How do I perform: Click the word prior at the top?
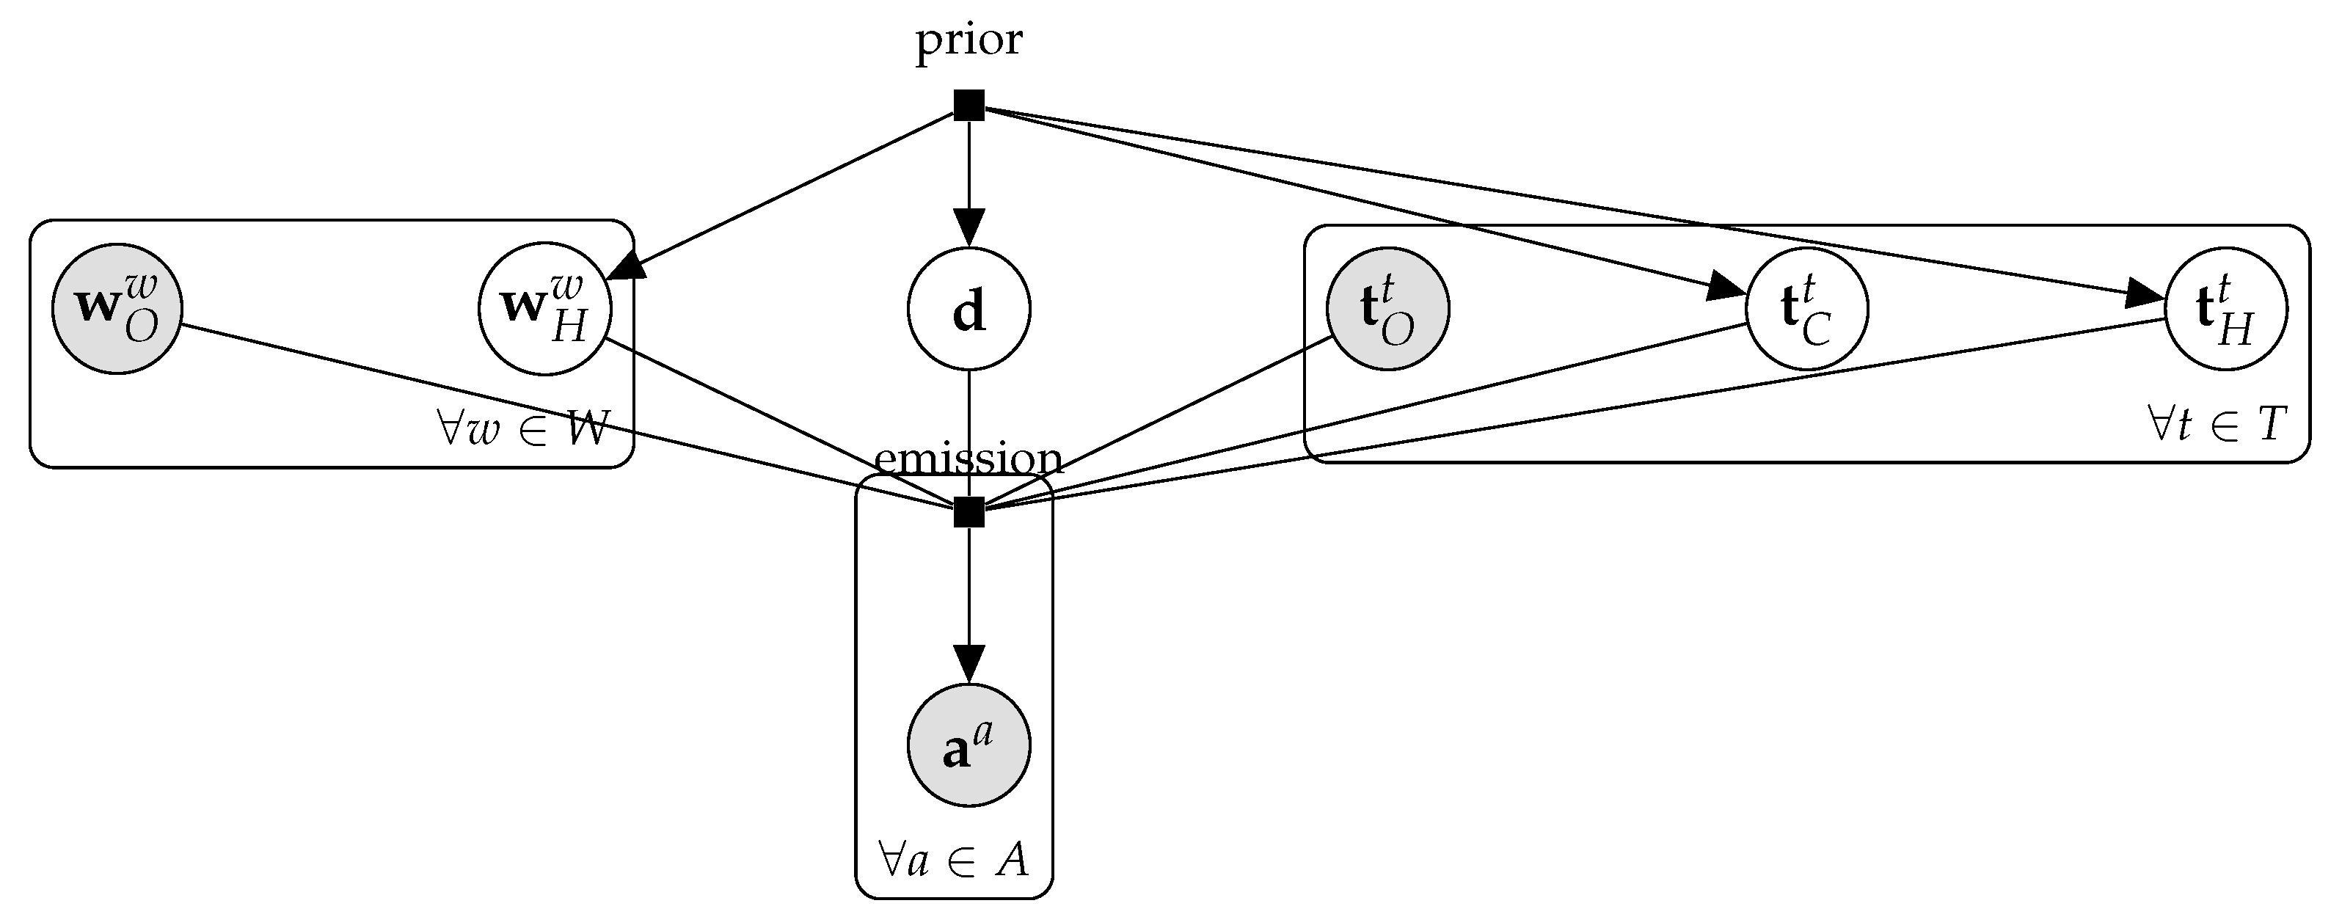click(968, 41)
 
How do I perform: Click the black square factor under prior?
click(968, 106)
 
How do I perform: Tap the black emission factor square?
click(968, 513)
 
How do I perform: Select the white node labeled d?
click(968, 310)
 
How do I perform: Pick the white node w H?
click(544, 309)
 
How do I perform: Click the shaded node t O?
click(1387, 309)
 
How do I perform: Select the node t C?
click(1806, 309)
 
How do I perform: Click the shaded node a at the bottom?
click(968, 745)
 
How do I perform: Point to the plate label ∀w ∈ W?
click(522, 428)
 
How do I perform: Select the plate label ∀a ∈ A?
click(954, 859)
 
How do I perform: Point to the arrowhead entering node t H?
click(2145, 296)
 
